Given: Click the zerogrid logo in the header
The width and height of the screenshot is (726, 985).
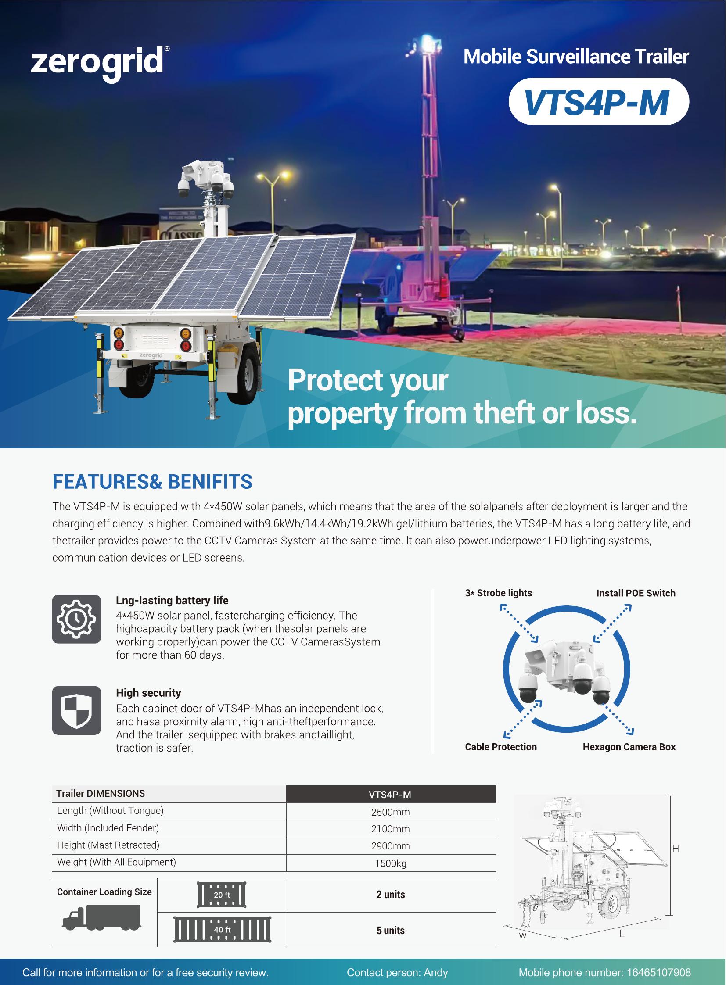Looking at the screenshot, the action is [100, 64].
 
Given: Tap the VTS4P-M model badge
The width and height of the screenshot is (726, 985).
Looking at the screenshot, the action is [599, 101].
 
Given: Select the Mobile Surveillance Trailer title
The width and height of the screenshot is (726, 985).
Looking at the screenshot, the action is [576, 57].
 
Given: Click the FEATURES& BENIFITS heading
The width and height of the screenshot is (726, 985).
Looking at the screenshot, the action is [152, 481].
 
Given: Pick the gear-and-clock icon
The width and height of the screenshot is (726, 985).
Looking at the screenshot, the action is [76, 619].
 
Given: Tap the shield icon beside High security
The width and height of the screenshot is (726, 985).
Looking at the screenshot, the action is [76, 710].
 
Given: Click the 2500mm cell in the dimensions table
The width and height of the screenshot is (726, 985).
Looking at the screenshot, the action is [390, 812].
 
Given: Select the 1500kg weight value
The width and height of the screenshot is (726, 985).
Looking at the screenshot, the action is [390, 863].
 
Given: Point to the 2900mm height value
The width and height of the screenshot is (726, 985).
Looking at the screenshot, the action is [390, 846].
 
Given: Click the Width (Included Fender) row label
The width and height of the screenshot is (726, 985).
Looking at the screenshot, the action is [108, 828].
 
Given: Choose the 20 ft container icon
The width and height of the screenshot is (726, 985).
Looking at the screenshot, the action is [222, 895].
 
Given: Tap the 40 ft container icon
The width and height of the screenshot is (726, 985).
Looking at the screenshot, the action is [222, 930].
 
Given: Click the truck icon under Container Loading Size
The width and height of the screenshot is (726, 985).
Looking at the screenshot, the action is [101, 918].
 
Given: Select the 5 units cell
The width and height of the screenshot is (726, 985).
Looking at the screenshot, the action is [390, 930].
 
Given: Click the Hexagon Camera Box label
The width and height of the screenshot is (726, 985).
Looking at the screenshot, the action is [629, 747].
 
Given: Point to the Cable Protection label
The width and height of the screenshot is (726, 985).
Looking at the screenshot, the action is [500, 747].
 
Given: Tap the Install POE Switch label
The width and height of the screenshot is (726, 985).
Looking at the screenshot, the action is [636, 593].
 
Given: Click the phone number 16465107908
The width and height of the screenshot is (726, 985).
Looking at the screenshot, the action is [658, 973].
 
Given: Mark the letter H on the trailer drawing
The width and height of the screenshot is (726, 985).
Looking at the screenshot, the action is [676, 849].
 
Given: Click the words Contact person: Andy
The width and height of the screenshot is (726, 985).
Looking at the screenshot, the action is [397, 973].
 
